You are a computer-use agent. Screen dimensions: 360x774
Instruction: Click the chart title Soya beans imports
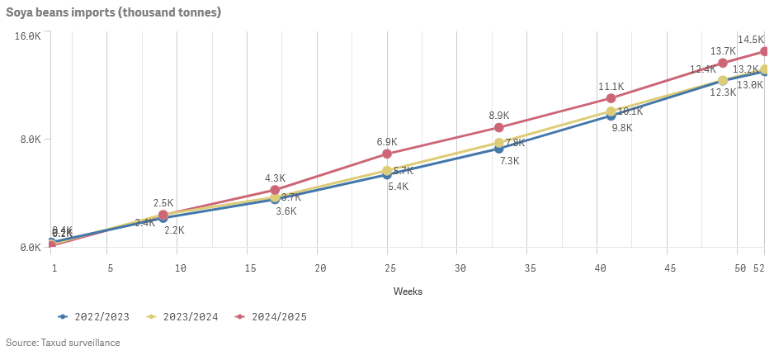113,13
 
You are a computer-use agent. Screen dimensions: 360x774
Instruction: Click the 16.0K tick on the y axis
28,36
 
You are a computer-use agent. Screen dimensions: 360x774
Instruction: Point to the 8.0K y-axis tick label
30,140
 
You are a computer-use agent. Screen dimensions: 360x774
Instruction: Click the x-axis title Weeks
408,291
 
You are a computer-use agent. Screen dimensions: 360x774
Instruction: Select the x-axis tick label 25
390,268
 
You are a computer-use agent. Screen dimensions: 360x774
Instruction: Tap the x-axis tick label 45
671,268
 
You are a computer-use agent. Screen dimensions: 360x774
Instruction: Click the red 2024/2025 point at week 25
387,154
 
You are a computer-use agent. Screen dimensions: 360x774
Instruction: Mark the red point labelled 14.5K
765,52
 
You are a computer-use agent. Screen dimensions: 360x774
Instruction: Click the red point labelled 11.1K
611,99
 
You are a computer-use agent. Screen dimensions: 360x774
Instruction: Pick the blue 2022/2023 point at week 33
499,149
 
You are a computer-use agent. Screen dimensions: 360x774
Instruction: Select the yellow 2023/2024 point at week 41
611,111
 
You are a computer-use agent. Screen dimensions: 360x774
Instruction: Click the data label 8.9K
499,116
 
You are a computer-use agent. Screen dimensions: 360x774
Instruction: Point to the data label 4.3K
275,178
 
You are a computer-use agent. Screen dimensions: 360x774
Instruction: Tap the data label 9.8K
621,129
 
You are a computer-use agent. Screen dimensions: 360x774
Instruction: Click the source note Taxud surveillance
63,343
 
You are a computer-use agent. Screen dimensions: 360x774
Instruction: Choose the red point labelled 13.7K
723,64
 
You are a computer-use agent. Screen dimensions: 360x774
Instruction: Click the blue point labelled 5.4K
387,174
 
